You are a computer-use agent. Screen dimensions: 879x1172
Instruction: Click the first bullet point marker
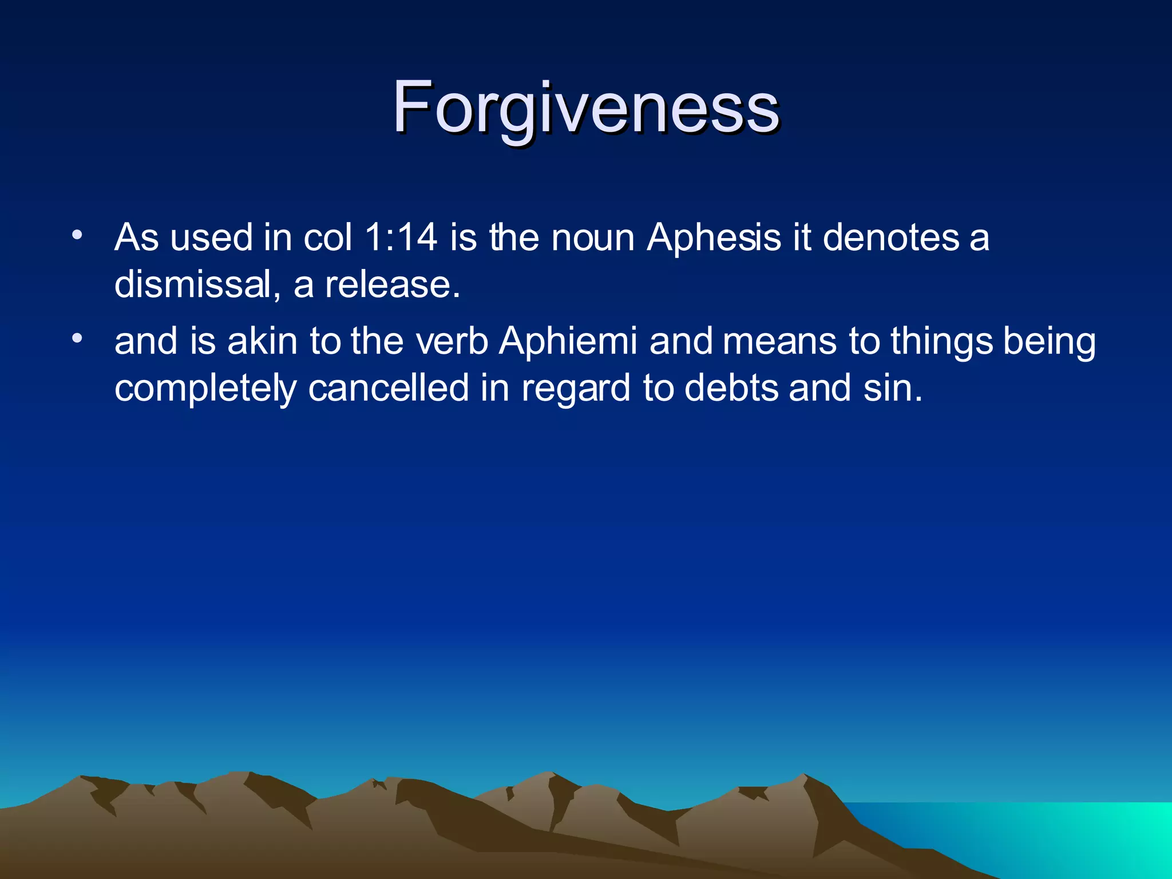click(78, 235)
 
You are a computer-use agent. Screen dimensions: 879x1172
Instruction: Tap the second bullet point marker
click(78, 339)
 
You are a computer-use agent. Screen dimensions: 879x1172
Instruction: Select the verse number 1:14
click(401, 237)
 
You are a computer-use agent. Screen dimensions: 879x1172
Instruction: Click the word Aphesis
click(714, 238)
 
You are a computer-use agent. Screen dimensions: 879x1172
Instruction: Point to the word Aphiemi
click(568, 342)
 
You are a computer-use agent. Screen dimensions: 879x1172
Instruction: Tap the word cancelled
click(389, 388)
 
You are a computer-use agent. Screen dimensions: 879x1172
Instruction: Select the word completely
click(205, 389)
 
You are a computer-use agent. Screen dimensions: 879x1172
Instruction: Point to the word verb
click(452, 342)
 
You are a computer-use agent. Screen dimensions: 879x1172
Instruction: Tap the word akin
click(262, 342)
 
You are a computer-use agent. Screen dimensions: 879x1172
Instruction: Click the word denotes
click(890, 238)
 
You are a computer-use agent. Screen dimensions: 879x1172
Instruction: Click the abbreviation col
click(327, 237)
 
